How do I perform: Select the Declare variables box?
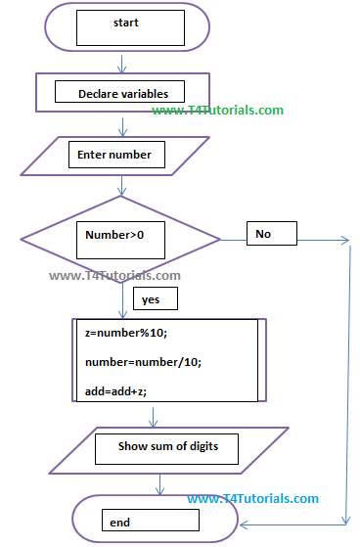pos(122,94)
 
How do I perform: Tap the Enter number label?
pos(114,155)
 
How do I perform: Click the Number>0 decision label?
pos(113,236)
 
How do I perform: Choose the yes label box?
pos(153,299)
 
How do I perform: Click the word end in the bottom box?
pos(120,523)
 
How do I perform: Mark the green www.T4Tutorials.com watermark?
pos(217,111)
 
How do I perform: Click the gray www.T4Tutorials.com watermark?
pos(114,277)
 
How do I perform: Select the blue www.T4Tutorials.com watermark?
pos(252,499)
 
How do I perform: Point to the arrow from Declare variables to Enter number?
pos(122,125)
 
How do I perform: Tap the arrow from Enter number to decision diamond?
pos(122,185)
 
